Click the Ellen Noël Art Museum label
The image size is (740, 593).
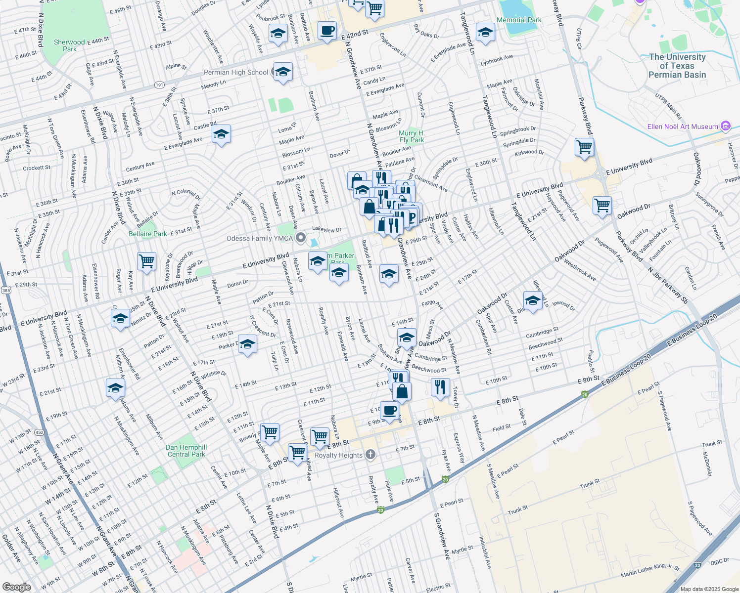[x=683, y=127]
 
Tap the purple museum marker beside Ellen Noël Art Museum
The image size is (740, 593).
[x=726, y=127]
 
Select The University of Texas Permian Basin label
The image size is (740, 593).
[x=677, y=66]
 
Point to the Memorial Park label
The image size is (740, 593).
[x=519, y=20]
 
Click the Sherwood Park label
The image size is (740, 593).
[x=69, y=45]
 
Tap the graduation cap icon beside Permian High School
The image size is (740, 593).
[x=282, y=72]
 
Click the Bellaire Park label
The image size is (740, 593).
[x=148, y=234]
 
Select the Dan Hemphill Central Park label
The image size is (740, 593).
[x=186, y=451]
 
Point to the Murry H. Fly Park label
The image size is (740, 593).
[x=412, y=136]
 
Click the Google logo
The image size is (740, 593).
[x=17, y=587]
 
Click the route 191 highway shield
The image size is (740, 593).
[x=159, y=85]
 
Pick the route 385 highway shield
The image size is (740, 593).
[x=6, y=290]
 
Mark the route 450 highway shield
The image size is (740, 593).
[x=40, y=432]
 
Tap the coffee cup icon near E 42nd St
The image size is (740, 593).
[x=326, y=31]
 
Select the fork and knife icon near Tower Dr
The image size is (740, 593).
[x=440, y=386]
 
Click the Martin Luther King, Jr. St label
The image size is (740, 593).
[x=650, y=570]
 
